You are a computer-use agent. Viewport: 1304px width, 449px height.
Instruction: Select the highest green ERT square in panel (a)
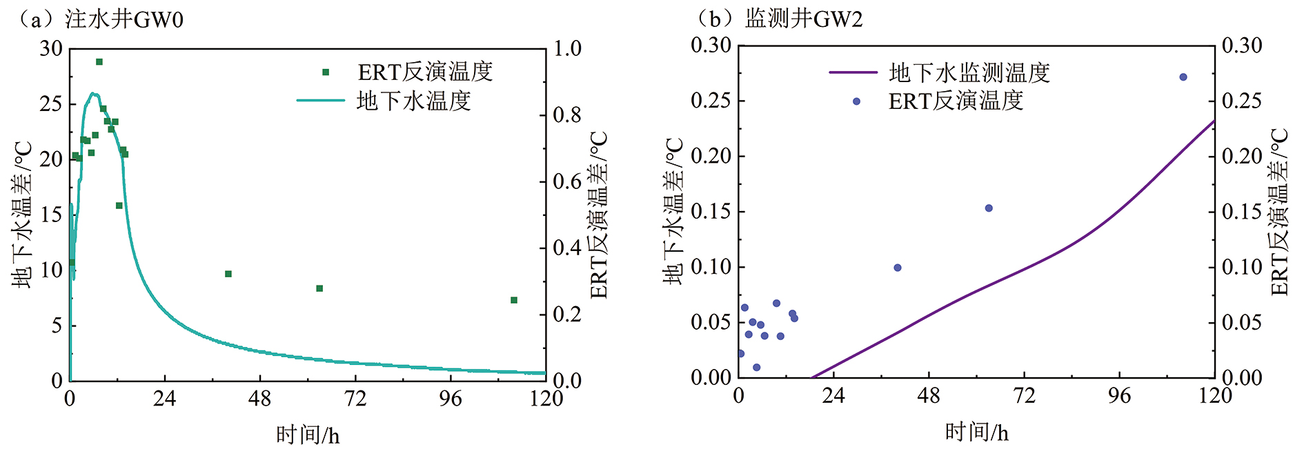click(x=99, y=62)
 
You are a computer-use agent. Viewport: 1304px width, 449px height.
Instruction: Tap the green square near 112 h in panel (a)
click(x=514, y=300)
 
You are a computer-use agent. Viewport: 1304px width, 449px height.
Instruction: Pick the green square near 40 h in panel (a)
click(x=228, y=274)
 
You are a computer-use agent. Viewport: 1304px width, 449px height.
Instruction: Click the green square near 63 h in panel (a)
click(x=319, y=288)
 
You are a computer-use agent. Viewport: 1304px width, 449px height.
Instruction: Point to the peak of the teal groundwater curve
click(x=94, y=93)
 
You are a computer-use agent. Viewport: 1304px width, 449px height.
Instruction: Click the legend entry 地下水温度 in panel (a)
click(x=413, y=101)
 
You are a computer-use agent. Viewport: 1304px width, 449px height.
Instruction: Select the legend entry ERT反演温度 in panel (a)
click(x=425, y=72)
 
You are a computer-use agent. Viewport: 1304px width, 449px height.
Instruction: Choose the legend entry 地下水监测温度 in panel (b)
click(x=969, y=72)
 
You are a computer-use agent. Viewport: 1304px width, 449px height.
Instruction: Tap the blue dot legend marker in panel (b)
click(x=857, y=101)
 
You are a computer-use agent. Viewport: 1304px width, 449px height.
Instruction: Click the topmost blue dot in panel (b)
click(x=1183, y=77)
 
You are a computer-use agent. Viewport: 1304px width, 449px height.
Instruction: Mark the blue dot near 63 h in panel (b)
click(x=989, y=208)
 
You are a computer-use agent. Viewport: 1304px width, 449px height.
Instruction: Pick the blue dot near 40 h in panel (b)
click(x=898, y=268)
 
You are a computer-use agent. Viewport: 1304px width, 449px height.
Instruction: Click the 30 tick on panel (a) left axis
click(x=51, y=48)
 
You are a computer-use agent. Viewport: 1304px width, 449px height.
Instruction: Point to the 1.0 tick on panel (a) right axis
click(x=567, y=48)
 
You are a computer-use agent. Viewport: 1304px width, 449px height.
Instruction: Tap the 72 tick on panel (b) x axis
click(x=1025, y=396)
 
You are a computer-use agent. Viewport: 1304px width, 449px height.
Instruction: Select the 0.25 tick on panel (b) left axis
click(x=710, y=101)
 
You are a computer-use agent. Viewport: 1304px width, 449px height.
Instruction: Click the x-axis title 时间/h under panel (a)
click(x=308, y=435)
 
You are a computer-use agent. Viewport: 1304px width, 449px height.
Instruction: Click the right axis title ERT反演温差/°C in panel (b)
click(x=1280, y=212)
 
